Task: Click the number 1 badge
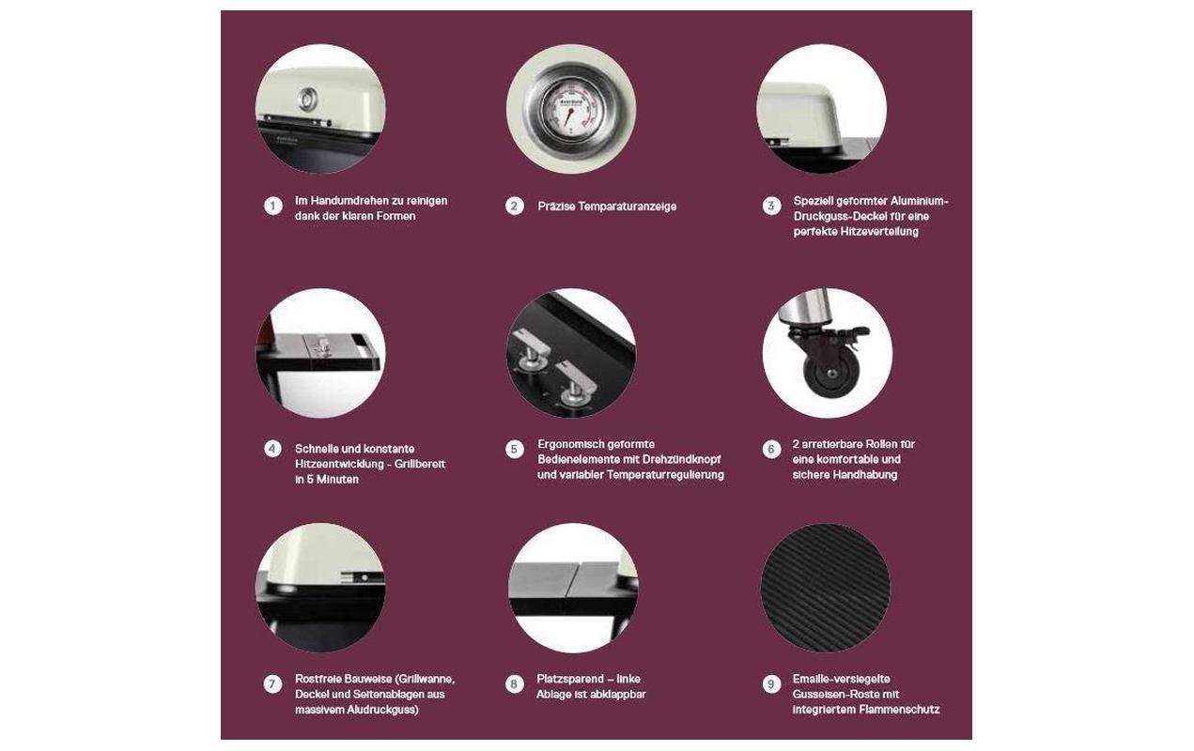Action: coord(273,206)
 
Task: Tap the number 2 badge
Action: coord(515,207)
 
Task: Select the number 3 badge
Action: coord(771,206)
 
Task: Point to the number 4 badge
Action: coord(273,449)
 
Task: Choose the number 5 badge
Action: coord(515,450)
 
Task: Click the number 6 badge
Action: coord(771,450)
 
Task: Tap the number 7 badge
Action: coord(273,684)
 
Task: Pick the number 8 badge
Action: coord(515,684)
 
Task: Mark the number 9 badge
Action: coord(771,684)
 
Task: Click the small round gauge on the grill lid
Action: coord(308,100)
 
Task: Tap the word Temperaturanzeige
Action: coord(628,207)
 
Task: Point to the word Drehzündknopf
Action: coord(682,460)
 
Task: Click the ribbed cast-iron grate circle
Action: coord(826,588)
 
